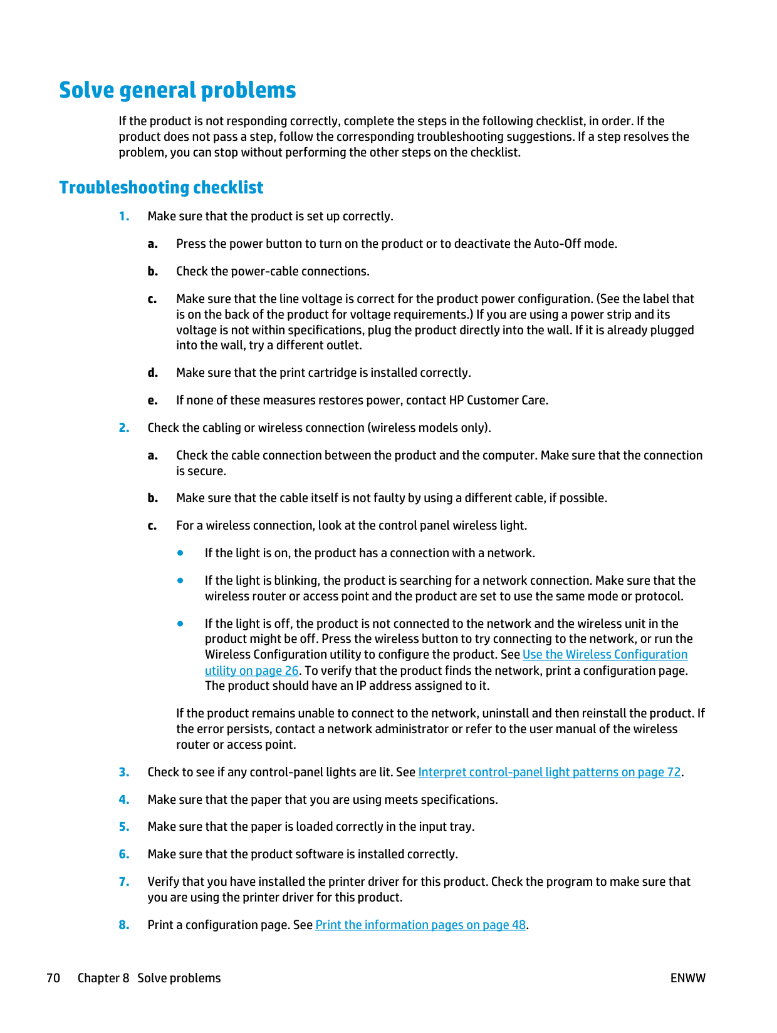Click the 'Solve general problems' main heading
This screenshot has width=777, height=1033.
click(177, 91)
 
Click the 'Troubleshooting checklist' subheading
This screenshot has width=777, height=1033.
click(161, 188)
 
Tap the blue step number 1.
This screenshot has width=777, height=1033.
click(124, 217)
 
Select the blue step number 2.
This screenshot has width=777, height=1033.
click(124, 428)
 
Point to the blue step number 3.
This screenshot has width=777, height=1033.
click(124, 773)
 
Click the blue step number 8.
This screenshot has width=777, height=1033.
click(124, 925)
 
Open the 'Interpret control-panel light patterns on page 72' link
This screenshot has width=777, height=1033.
click(549, 773)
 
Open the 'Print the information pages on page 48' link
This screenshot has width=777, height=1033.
click(420, 925)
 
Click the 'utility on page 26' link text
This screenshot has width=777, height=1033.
click(251, 671)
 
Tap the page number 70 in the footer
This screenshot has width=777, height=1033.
click(53, 979)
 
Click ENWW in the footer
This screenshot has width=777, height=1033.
click(687, 979)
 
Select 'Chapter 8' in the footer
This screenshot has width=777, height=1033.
click(103, 979)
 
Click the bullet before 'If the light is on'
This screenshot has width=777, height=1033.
click(180, 553)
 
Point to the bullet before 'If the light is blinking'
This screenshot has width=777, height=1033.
click(180, 580)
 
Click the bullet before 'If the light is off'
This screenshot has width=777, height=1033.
click(180, 624)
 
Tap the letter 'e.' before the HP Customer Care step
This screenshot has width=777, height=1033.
click(152, 401)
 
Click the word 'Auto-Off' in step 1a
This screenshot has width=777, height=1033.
click(557, 244)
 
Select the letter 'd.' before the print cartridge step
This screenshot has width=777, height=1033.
click(152, 373)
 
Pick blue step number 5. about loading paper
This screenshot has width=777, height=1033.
click(124, 827)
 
